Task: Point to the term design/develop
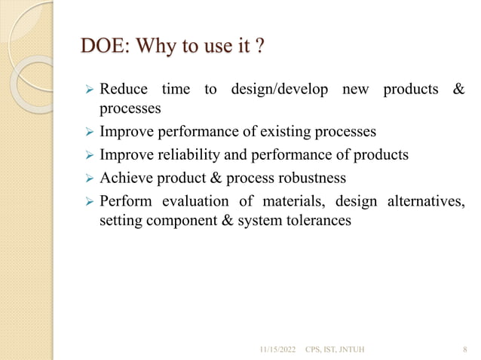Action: click(x=278, y=90)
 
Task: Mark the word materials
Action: click(x=293, y=202)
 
